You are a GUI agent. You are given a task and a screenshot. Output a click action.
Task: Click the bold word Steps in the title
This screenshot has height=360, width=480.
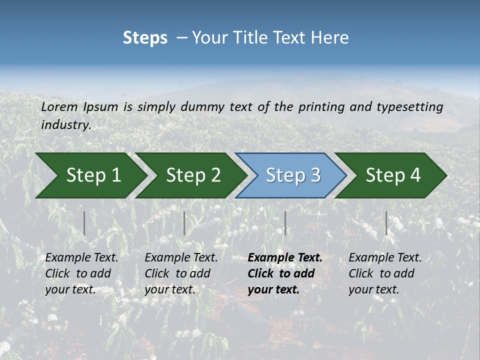pos(145,38)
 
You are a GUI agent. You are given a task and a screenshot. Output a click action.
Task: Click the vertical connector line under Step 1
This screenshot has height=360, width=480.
pos(84,223)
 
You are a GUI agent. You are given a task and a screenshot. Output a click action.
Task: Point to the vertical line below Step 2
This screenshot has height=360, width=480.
pos(184,223)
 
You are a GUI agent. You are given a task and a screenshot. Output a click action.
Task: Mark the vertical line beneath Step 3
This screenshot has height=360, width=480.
pos(285,223)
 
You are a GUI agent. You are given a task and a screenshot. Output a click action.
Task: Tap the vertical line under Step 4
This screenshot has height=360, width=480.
pos(386,223)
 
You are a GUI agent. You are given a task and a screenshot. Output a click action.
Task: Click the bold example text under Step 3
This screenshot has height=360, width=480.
pos(284,273)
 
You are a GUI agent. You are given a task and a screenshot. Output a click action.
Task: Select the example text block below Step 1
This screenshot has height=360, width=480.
pos(81,273)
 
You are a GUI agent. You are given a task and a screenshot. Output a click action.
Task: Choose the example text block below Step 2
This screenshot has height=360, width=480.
pos(181,273)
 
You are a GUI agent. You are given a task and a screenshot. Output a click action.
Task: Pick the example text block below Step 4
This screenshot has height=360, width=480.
pos(385,273)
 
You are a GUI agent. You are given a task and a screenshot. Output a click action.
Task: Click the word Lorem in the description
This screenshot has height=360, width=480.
pos(59,106)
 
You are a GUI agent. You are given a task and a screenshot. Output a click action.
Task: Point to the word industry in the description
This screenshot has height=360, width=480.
pos(65,125)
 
